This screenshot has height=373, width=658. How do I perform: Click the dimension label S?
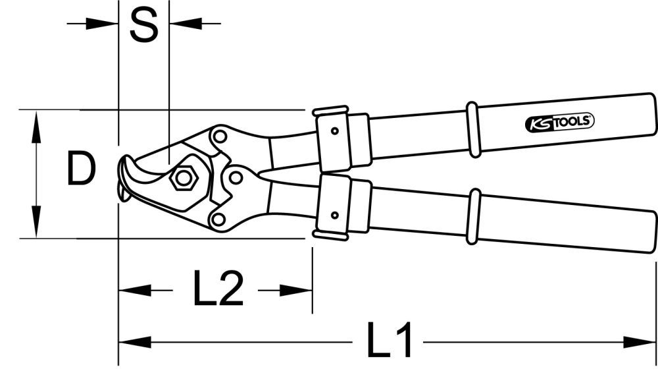click(143, 26)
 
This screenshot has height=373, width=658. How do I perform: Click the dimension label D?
click(81, 171)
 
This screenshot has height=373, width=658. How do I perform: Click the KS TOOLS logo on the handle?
click(560, 122)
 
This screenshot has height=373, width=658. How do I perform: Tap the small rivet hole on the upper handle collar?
click(335, 130)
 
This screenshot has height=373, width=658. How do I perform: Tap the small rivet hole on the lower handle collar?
click(334, 215)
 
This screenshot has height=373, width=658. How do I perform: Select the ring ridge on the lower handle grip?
click(472, 217)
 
